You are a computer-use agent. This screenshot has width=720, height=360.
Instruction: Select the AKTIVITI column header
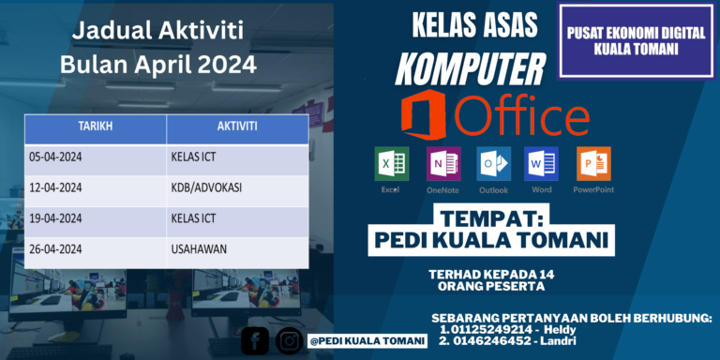pos(237,127)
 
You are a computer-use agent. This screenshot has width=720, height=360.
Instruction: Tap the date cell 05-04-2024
pos(55,157)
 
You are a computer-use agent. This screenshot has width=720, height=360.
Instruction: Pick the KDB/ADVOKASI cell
pos(206,187)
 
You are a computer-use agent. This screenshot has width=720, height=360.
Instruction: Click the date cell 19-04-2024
pos(55,218)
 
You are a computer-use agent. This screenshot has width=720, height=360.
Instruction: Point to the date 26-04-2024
pos(55,249)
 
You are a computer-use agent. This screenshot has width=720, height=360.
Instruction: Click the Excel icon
pos(390,164)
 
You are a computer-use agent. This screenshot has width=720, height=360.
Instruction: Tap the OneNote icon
pos(442,164)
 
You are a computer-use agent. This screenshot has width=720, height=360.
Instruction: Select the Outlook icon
pos(493,164)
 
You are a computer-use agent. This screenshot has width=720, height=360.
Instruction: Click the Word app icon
pos(541,164)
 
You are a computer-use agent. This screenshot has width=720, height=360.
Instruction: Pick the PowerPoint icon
pos(593,164)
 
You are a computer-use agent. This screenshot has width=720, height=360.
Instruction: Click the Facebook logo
pos(255,341)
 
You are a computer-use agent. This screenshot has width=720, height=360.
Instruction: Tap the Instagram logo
pos(289,341)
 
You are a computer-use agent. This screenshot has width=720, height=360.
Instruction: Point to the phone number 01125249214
pos(493,329)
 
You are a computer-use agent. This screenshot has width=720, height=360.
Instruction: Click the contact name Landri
pos(562,343)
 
